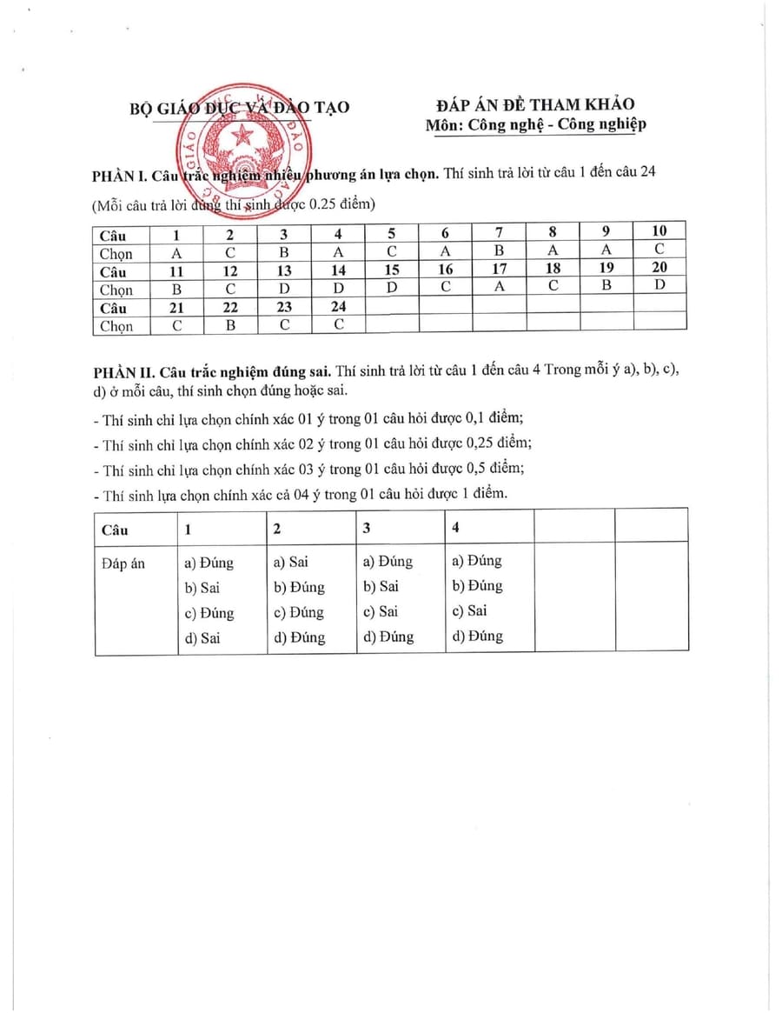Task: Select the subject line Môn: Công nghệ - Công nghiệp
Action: tap(535, 124)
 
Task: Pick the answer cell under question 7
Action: tap(499, 251)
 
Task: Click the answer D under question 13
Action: tap(284, 288)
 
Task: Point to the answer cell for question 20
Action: tap(659, 288)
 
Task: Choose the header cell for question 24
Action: tap(338, 307)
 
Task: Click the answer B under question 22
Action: tap(230, 325)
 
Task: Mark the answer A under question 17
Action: tap(499, 288)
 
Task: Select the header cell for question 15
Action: tap(392, 270)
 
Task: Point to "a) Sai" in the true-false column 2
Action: tap(291, 562)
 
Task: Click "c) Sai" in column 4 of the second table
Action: tap(470, 610)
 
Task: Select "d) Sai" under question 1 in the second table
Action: tap(202, 637)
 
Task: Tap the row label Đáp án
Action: tap(123, 563)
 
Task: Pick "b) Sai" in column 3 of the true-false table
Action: tap(381, 586)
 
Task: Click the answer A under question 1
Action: tap(176, 251)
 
